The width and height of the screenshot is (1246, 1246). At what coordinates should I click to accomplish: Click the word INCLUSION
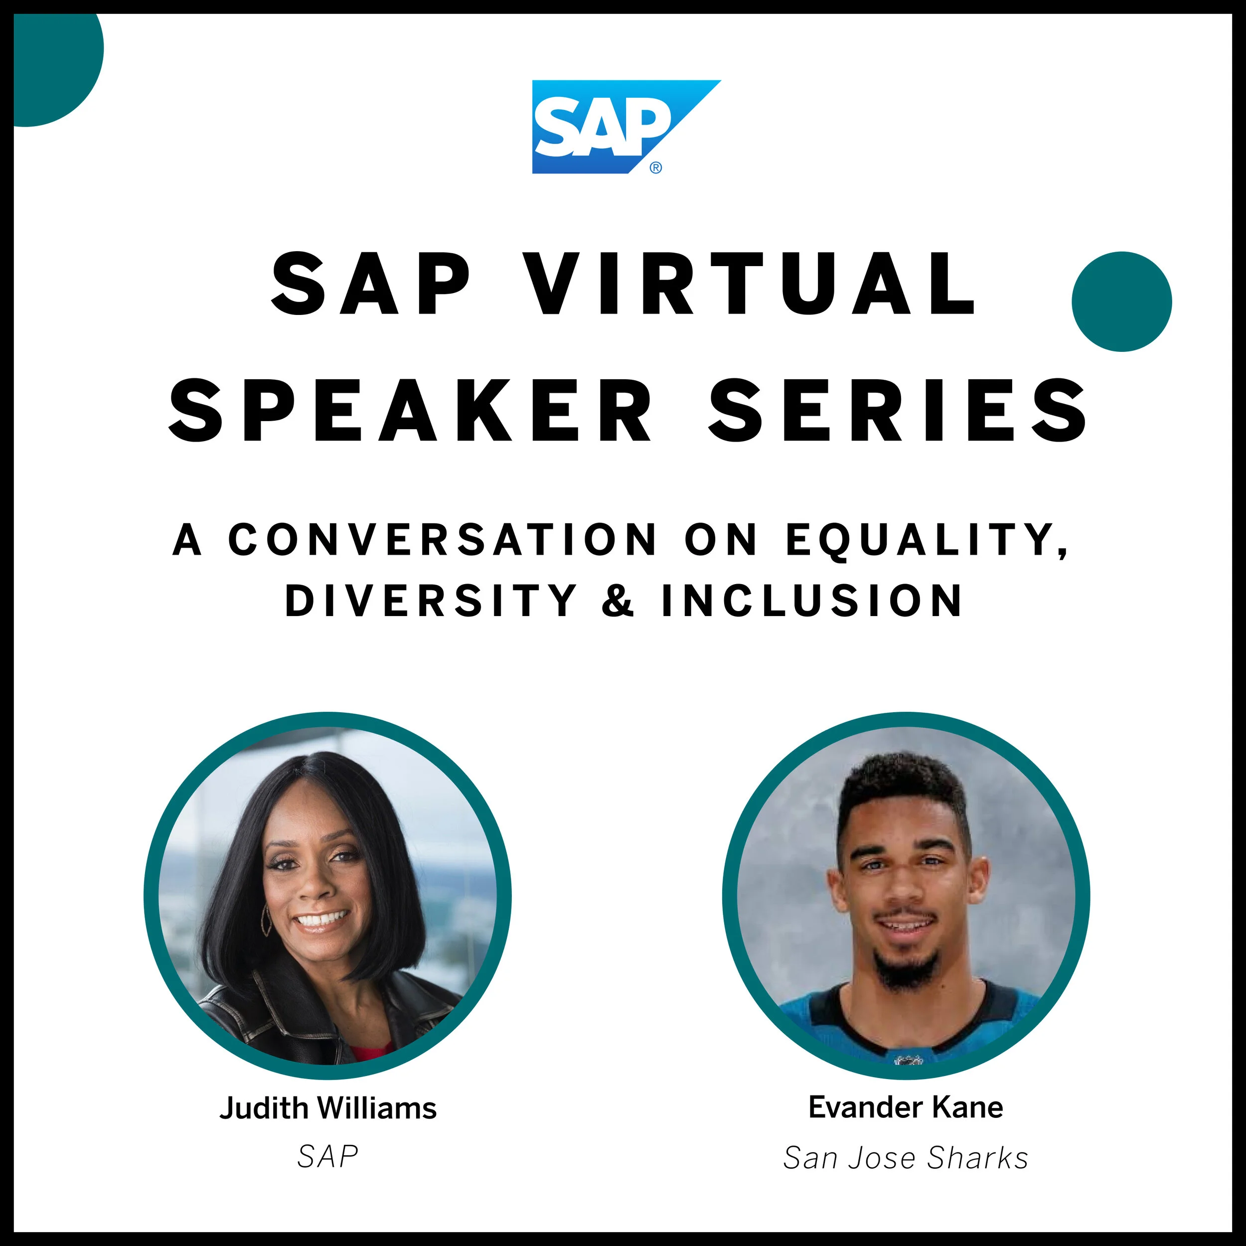(x=812, y=601)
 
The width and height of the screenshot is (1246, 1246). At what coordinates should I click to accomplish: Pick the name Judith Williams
(x=327, y=1108)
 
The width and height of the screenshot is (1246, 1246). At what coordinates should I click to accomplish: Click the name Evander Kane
(x=906, y=1106)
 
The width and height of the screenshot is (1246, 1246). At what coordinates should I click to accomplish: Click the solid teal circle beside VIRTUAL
(x=1121, y=301)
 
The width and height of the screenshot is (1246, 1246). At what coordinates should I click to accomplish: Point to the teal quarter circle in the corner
(x=52, y=61)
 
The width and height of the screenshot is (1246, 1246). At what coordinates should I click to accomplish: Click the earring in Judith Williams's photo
(x=266, y=920)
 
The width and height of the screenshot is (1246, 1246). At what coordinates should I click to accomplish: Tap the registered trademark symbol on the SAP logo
(x=655, y=167)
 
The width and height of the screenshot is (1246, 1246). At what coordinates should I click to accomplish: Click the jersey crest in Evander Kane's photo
(x=906, y=1058)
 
